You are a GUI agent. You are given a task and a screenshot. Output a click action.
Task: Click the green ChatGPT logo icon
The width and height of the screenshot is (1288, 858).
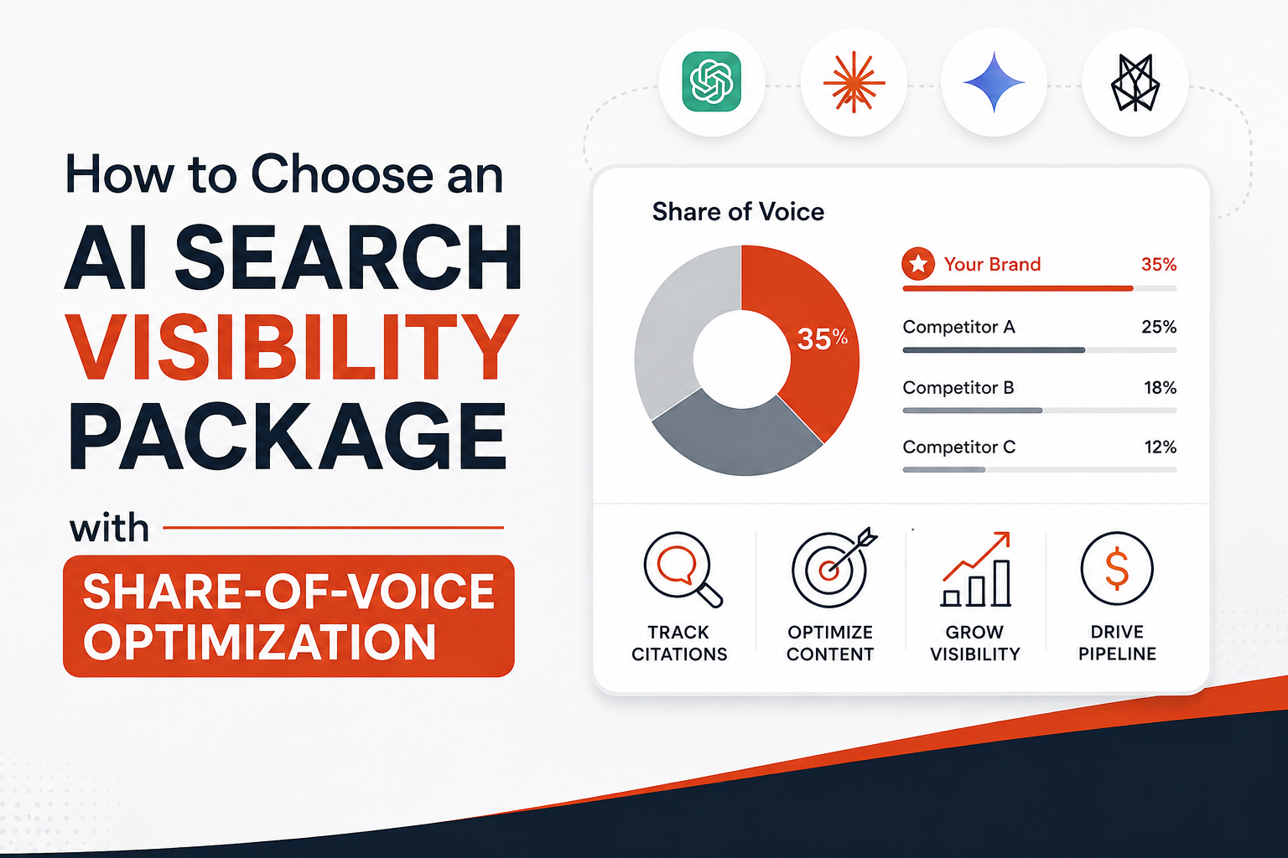[711, 81]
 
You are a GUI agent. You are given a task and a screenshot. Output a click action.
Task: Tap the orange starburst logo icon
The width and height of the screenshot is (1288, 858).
[854, 82]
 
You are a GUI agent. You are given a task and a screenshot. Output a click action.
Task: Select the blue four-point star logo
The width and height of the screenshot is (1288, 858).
[995, 82]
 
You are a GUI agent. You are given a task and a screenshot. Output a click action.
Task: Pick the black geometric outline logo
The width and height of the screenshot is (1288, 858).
[1135, 82]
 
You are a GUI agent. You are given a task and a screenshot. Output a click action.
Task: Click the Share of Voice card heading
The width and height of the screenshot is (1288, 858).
[738, 212]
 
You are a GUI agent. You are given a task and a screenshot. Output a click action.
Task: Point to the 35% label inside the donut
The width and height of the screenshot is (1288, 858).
[823, 339]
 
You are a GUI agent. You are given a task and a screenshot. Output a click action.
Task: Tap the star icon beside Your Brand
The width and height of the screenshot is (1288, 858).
[918, 264]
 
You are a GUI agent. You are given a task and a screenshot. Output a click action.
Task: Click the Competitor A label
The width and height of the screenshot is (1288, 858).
[958, 327]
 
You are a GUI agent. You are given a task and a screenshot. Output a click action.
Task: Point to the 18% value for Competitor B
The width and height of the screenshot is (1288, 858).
[1160, 388]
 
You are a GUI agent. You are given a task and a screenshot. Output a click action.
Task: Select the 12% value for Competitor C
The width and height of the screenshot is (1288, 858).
[1160, 447]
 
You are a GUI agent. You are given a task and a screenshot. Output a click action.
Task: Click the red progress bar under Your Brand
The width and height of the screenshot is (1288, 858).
[1018, 288]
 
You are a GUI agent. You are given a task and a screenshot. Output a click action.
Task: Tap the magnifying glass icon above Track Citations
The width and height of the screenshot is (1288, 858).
[683, 569]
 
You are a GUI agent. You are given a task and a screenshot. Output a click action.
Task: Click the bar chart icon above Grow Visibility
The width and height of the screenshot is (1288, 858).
[976, 569]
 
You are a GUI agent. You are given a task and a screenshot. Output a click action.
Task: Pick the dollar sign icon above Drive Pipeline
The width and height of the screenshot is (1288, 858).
[1117, 569]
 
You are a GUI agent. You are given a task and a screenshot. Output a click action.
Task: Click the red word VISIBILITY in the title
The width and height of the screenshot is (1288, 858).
[292, 347]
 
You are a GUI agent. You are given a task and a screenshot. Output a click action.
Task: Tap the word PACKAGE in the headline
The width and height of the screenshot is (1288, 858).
[288, 437]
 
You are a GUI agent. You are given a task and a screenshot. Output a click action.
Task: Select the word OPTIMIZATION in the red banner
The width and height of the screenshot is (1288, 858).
[260, 642]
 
